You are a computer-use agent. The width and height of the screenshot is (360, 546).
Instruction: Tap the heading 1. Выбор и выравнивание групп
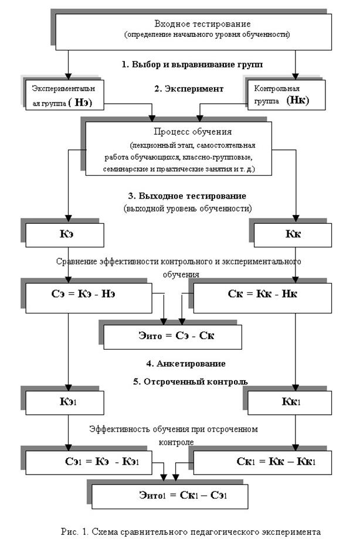pyautogui.click(x=192, y=64)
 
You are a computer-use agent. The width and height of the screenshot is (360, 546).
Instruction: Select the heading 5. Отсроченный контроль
pyautogui.click(x=191, y=381)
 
